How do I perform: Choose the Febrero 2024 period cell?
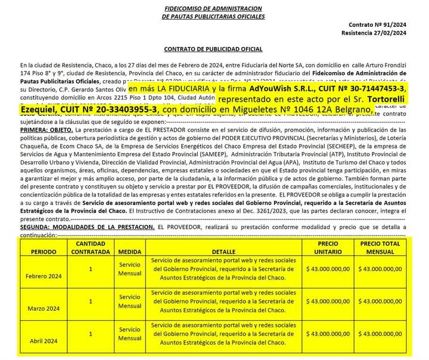44,276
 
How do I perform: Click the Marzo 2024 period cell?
44,308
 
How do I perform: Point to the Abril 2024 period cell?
44,340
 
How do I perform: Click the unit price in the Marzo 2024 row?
328,302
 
